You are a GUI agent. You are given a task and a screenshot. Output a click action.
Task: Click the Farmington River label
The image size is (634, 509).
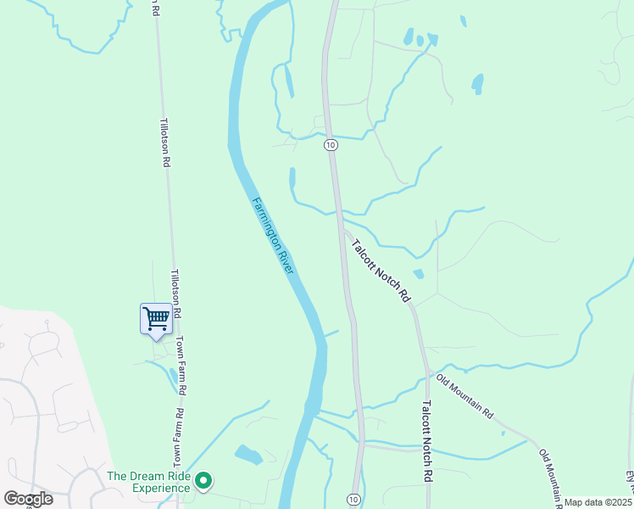pos(273,235)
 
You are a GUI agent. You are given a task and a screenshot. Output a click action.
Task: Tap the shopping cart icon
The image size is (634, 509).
pos(156,319)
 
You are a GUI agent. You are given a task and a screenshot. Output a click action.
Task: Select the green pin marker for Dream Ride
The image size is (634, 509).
pos(203,482)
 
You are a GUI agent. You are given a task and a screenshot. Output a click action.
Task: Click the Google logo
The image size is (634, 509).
pos(28,499)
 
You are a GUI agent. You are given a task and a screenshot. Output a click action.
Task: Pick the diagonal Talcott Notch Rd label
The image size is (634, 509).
pos(381,271)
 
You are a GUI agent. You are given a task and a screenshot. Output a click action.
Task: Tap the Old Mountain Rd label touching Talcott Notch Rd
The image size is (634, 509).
pos(464,398)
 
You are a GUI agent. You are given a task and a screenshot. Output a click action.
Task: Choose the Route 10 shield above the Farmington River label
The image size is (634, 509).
pos(331,145)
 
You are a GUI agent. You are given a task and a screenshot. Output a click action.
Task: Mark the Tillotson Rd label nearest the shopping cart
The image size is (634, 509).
pos(176,294)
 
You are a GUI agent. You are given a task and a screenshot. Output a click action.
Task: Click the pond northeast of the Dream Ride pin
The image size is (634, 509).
pos(248,456)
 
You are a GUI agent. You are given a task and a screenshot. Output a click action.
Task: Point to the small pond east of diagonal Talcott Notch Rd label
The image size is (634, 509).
pos(418,274)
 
